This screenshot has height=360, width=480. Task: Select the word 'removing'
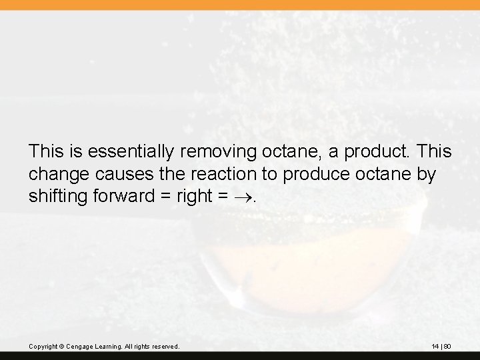(x=201, y=152)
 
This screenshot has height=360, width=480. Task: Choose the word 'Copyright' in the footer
(x=43, y=347)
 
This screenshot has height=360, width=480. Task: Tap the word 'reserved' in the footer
(x=164, y=347)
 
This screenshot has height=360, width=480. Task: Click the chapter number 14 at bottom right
(x=435, y=347)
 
